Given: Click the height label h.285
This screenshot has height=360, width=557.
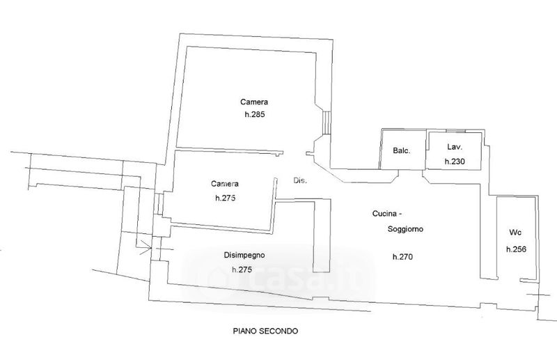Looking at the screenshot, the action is tap(256, 114).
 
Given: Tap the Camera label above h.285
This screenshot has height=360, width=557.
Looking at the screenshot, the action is tap(255, 101).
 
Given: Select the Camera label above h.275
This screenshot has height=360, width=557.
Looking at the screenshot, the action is tap(225, 184).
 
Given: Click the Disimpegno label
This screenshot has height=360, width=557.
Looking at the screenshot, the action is tap(243, 254).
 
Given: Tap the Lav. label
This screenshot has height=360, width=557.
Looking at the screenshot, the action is tap(454, 148).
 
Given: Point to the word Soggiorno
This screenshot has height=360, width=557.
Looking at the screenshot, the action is tap(405, 228).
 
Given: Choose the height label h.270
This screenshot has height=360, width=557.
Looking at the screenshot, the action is tap(402, 257).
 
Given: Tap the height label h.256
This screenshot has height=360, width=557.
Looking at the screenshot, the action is tap(515, 249).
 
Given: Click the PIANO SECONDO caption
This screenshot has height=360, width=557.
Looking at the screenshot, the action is tap(265, 331).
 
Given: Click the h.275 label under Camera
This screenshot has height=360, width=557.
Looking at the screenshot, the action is tap(226, 198).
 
